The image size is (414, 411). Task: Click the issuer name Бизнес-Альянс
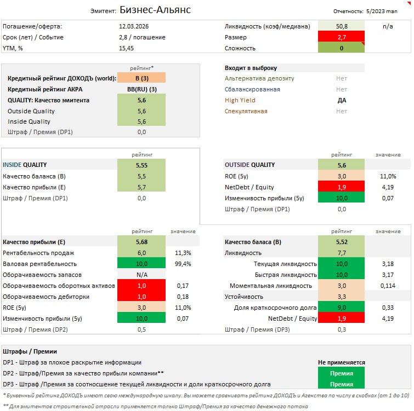click(155, 10)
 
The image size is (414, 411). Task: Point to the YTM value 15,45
click(127, 48)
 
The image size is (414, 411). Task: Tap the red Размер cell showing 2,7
click(342, 37)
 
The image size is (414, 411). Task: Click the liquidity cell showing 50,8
click(342, 26)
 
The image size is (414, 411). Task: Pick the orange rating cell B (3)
click(141, 78)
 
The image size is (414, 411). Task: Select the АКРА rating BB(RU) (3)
click(141, 89)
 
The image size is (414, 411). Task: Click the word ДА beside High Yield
click(342, 100)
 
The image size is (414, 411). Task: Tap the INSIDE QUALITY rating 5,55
click(141, 165)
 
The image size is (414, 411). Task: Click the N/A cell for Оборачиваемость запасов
click(141, 275)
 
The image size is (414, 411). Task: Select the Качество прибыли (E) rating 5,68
click(141, 242)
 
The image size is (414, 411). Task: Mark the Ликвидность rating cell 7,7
click(342, 253)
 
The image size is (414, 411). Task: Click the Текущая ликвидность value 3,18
click(387, 264)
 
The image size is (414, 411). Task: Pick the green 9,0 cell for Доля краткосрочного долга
click(342, 308)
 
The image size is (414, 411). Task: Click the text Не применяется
click(342, 362)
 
